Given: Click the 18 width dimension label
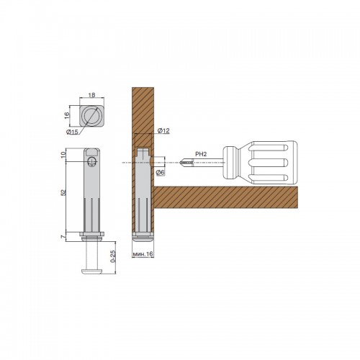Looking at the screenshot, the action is tap(91, 95).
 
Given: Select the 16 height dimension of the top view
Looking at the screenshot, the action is tap(67, 115).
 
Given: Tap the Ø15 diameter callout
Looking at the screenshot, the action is tap(72, 132).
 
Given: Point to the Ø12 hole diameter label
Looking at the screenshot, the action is tap(163, 131).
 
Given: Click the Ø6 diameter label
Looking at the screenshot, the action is tap(161, 172).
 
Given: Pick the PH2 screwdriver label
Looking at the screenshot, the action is tap(201, 154).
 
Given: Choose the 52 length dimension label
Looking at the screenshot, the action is tap(63, 192).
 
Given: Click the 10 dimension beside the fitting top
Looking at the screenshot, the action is tap(63, 155).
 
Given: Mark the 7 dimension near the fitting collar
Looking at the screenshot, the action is tap(63, 237).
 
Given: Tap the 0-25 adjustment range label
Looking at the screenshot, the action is tap(114, 256).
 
